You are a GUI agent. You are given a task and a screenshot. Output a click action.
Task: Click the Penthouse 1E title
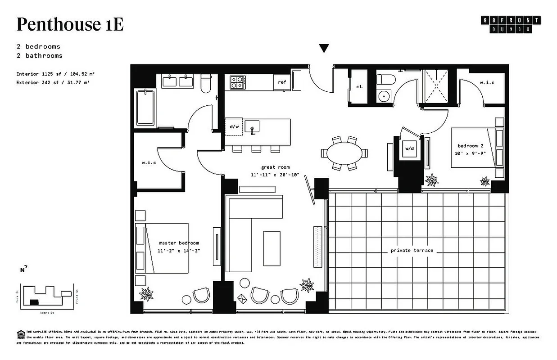(70, 24)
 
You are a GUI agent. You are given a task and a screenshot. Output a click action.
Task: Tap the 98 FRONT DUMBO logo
(511, 25)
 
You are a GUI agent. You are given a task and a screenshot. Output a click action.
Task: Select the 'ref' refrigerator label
(282, 82)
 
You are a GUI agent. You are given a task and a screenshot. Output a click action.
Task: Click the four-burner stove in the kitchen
(238, 82)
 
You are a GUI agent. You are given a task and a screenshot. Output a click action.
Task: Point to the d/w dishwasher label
(234, 127)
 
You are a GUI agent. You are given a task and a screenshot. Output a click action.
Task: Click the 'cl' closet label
(359, 87)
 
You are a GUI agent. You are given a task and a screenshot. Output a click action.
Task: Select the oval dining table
(344, 153)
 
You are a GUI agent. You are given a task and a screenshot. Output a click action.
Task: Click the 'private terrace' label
(412, 250)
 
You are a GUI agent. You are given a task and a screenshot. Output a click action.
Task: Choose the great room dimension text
(275, 175)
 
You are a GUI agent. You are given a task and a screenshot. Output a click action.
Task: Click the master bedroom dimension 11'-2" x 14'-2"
(178, 251)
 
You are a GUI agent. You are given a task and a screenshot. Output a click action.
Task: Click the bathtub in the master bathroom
(145, 108)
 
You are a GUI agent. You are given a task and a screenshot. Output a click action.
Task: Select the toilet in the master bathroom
(206, 84)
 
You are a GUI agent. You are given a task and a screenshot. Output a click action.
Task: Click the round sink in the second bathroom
(384, 96)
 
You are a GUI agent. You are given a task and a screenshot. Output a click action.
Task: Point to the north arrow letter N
(23, 270)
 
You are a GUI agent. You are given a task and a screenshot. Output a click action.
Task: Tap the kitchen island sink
(253, 126)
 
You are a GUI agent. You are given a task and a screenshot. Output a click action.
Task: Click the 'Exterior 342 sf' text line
(49, 83)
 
